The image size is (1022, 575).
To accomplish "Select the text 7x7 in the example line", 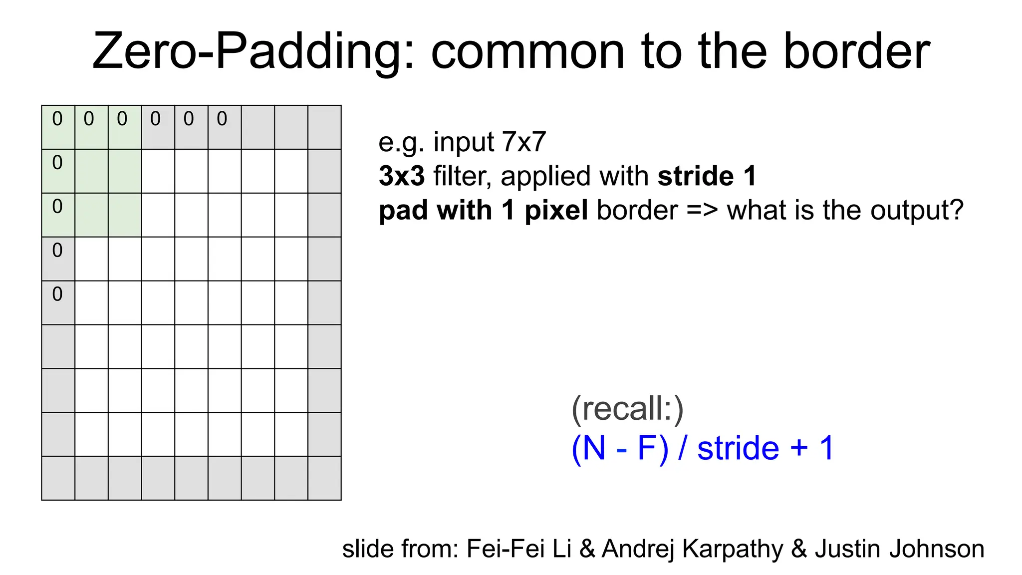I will click(524, 142).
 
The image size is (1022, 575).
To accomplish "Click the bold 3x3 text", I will click(402, 176).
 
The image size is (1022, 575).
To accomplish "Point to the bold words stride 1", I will click(707, 176).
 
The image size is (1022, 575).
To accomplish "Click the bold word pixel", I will click(556, 210).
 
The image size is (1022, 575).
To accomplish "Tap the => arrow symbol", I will click(702, 210).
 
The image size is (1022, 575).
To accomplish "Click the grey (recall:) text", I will click(627, 409).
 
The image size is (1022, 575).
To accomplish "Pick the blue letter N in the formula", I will click(593, 448).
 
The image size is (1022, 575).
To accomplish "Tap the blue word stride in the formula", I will click(738, 448).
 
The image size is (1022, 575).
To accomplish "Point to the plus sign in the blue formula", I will click(798, 448).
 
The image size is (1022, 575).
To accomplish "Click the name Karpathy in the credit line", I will click(733, 549).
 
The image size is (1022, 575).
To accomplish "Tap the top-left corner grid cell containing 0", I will click(58, 127).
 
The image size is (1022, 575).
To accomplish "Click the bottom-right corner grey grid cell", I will click(325, 478).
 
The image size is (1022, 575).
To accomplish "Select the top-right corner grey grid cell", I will click(325, 127).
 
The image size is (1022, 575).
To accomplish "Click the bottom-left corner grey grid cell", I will click(58, 478).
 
